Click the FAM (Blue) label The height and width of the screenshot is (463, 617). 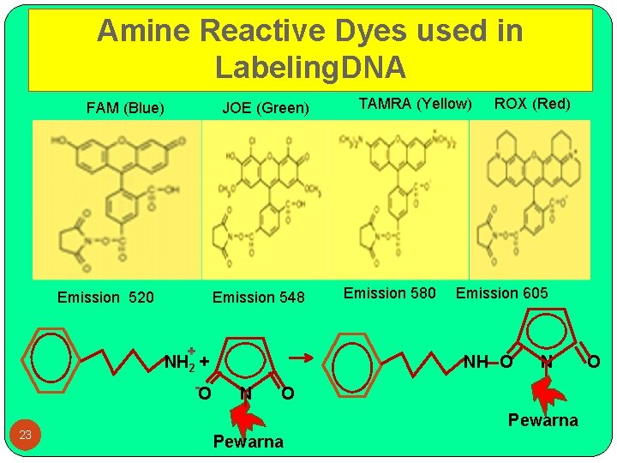(125, 108)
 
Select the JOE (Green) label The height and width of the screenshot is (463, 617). (265, 108)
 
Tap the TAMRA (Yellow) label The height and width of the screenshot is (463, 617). (415, 104)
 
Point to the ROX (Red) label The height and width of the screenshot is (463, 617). (532, 104)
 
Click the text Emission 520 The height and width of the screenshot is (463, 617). (105, 298)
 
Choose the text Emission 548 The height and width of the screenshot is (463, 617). (258, 298)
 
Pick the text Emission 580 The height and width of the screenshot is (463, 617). (390, 293)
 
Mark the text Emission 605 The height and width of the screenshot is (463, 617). (501, 293)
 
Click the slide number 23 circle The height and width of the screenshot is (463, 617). (26, 435)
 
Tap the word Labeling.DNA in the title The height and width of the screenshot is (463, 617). (310, 67)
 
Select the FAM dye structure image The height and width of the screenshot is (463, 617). (117, 199)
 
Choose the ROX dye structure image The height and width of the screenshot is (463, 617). (530, 199)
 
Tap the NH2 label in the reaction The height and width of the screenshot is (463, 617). (181, 362)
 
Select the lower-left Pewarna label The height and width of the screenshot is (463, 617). (248, 442)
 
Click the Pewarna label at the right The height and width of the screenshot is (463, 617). (542, 420)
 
